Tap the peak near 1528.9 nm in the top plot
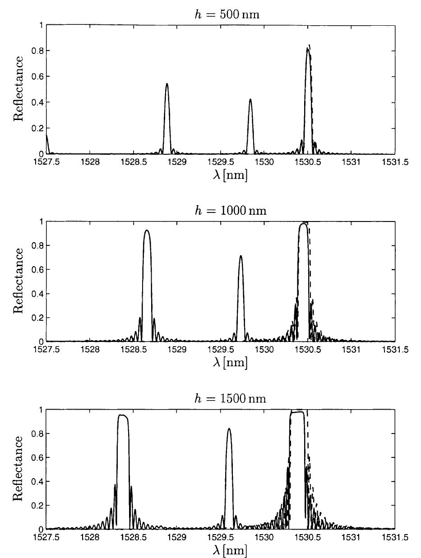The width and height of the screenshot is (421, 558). [x=167, y=84]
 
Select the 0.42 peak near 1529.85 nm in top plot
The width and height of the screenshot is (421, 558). [x=250, y=100]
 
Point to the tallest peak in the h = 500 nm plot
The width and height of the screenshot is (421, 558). [x=308, y=49]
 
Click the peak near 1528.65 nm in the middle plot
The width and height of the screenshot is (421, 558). [x=147, y=231]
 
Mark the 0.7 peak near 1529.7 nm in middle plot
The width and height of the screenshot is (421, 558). [x=241, y=257]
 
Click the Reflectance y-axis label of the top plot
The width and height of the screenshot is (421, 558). [x=19, y=89]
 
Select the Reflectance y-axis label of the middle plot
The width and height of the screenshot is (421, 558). [x=19, y=281]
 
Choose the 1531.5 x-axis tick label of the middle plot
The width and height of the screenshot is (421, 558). [x=395, y=349]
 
